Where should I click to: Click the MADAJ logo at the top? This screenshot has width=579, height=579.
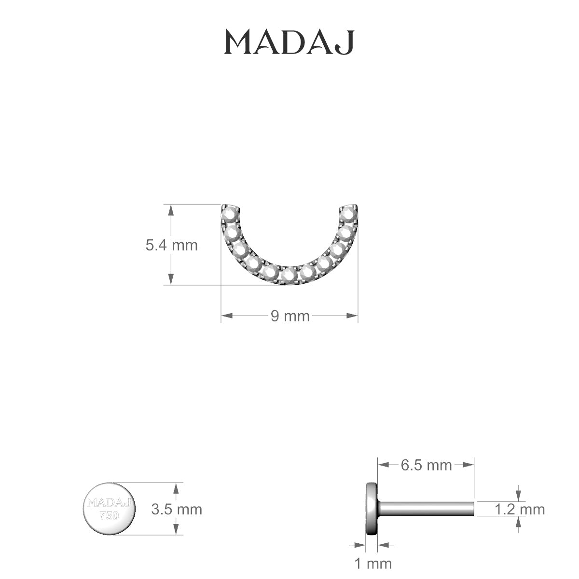(289, 42)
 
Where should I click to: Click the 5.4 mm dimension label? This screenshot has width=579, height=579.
(172, 246)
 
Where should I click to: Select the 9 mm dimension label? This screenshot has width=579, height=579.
(290, 317)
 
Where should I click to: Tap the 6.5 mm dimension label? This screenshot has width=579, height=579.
(426, 466)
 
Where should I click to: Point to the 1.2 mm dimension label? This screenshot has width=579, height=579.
(520, 510)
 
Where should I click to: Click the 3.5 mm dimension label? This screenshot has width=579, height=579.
(177, 510)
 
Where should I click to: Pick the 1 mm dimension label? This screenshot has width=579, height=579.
(373, 564)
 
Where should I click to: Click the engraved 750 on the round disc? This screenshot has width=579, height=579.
(109, 516)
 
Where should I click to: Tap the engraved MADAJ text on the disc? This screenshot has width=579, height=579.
(109, 502)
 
